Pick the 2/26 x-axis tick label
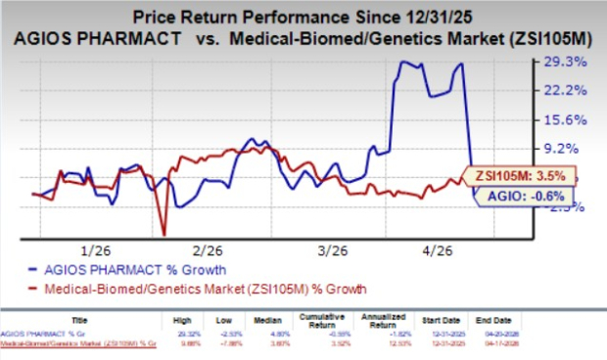[x=209, y=249]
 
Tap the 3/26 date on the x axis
[x=328, y=249]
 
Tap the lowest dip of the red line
[x=163, y=234]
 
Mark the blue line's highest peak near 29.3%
[x=401, y=62]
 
